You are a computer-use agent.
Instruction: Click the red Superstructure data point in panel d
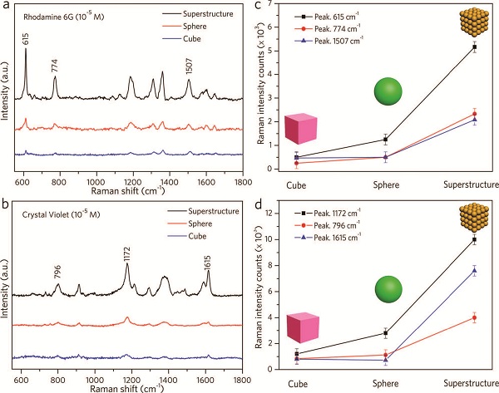pyautogui.click(x=474, y=317)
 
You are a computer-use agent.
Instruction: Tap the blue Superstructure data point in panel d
pyautogui.click(x=474, y=271)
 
